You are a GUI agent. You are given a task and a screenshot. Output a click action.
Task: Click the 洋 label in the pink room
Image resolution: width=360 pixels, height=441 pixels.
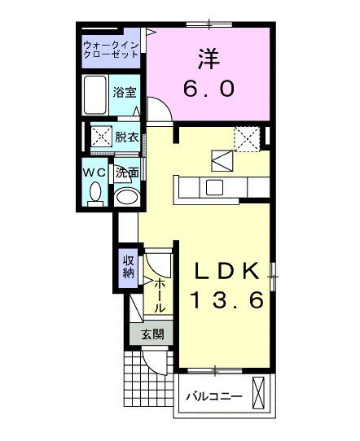[x=207, y=58]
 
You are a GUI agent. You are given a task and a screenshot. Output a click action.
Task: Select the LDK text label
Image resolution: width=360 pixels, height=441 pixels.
[x=226, y=272]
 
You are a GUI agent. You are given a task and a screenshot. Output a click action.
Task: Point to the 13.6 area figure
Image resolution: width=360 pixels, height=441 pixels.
[x=227, y=301]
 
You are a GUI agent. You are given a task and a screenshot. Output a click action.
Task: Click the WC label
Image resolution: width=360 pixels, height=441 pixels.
[x=93, y=173]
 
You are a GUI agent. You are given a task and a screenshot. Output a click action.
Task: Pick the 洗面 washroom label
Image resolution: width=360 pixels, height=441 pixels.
[x=125, y=173]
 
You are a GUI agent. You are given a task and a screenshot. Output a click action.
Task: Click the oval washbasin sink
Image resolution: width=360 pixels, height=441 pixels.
[x=125, y=197]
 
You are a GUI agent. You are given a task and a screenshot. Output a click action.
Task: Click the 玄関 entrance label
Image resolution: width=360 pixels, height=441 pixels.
[x=151, y=334]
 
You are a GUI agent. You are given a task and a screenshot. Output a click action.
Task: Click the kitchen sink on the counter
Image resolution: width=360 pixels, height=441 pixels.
[x=215, y=187]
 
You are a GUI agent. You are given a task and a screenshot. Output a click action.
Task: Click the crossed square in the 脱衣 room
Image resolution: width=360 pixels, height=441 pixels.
[x=101, y=136]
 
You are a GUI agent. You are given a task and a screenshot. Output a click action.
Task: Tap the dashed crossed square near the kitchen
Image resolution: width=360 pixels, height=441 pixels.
[x=246, y=138]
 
